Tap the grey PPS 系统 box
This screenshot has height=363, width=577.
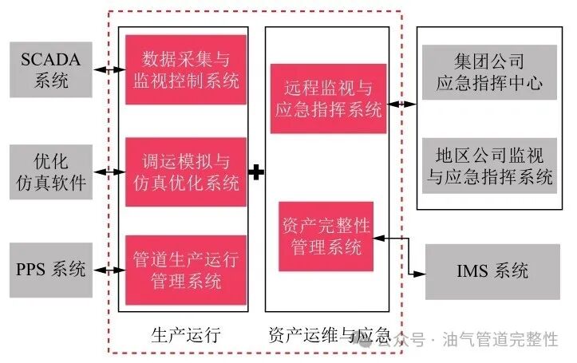tap(52, 269)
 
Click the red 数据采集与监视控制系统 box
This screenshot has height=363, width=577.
tap(183, 69)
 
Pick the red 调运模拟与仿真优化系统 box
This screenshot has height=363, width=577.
tap(183, 171)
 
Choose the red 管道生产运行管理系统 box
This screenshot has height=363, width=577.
tap(183, 270)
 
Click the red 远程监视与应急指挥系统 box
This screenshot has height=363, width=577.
tap(327, 101)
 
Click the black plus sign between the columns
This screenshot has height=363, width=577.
tap(255, 172)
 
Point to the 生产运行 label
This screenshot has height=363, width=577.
tap(184, 336)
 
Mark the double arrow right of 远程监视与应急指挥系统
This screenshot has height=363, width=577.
tap(404, 104)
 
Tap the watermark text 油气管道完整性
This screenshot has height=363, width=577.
tap(502, 339)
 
